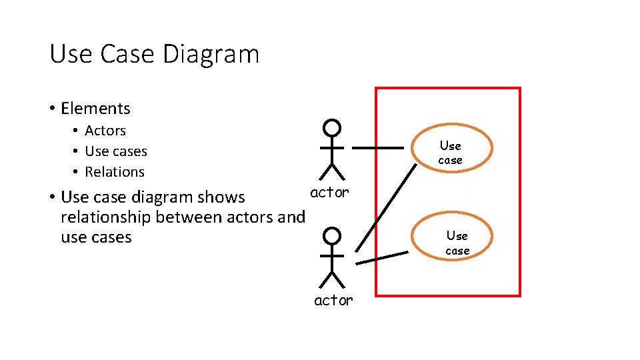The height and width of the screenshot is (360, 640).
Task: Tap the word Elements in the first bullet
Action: coord(95,108)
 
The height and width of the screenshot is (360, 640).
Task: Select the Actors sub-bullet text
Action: coord(105,131)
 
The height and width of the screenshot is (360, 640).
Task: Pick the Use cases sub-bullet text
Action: coord(116,151)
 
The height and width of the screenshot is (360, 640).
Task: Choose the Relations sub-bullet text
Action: coord(115,171)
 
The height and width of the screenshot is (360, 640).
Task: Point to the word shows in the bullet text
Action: coord(225,197)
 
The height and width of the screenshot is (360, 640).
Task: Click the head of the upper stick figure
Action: coord(331,128)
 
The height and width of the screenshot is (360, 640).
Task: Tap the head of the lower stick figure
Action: coord(331,236)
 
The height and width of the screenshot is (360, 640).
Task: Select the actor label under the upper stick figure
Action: coord(329,192)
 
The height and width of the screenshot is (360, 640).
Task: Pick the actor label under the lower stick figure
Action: coord(333,300)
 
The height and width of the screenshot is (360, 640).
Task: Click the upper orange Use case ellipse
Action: coord(450,152)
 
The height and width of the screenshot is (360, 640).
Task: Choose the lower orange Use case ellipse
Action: coord(457,243)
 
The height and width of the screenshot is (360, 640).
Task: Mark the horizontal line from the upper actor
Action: coord(378,147)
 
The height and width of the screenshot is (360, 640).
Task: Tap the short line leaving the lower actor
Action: coord(381,258)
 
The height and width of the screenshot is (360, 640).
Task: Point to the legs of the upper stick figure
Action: coord(331,171)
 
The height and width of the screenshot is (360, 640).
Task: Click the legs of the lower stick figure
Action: coord(331,279)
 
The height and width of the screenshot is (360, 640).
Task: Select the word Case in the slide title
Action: coord(126,54)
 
